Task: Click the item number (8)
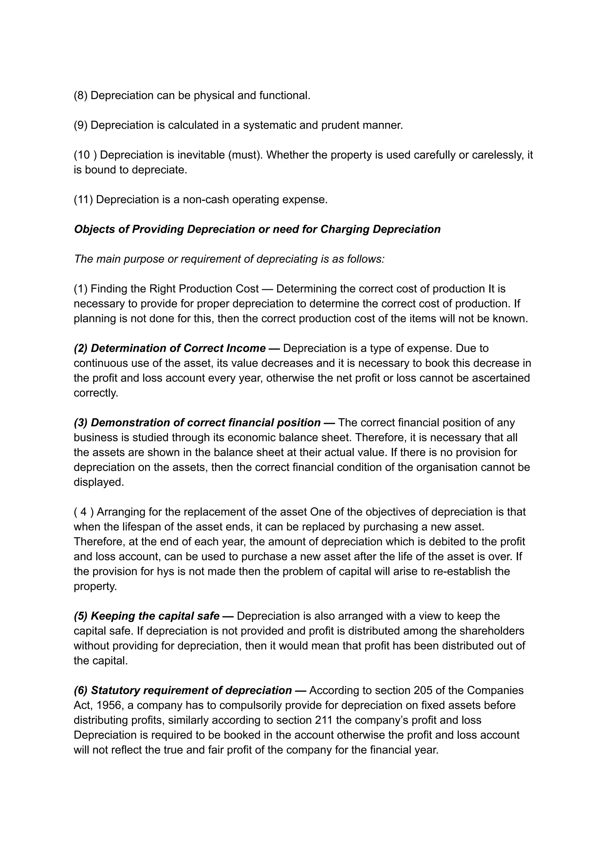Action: tap(80, 96)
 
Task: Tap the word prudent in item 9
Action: tap(340, 125)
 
